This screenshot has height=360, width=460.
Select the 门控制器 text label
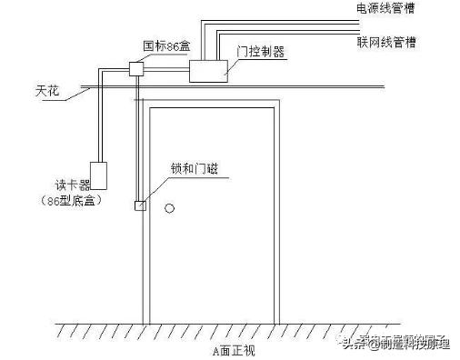(261, 53)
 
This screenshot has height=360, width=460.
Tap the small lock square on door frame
(140, 205)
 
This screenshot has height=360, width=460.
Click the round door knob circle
(169, 209)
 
